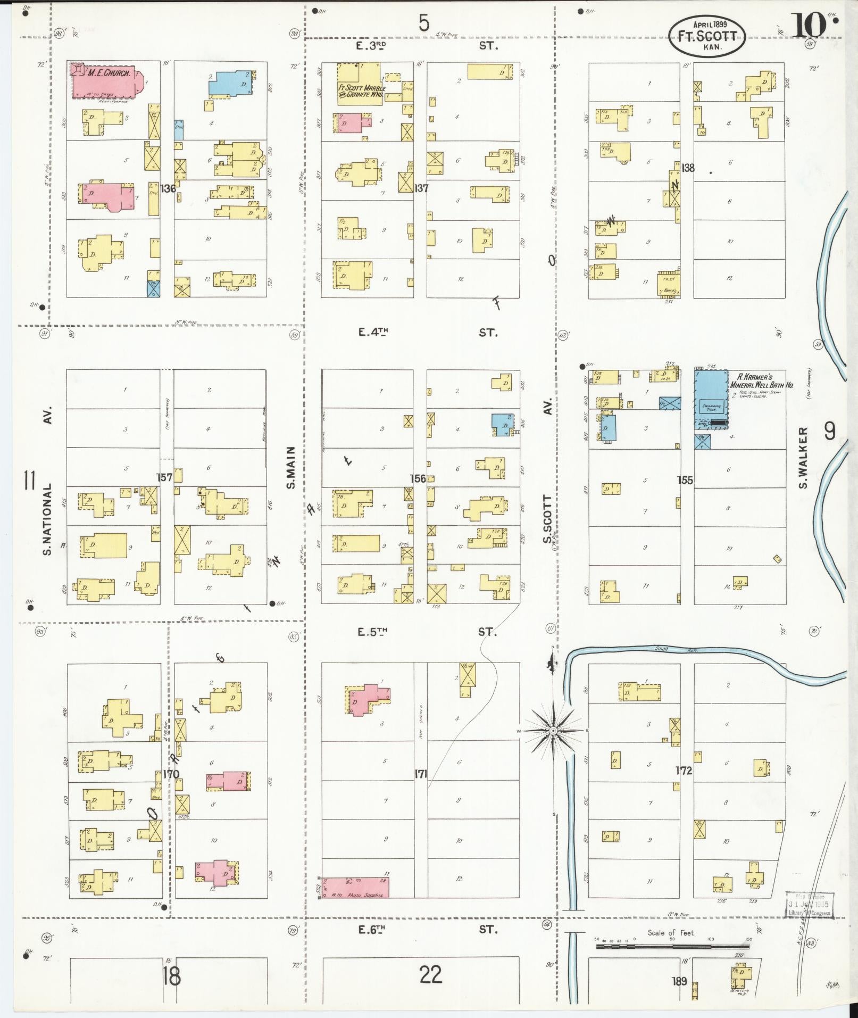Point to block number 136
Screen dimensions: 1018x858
168,188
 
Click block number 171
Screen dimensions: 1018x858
421,773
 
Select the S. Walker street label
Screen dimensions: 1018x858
803,457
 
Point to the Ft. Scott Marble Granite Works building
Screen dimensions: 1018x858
359,84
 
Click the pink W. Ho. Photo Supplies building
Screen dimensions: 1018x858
355,887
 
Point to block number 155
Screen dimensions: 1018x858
685,480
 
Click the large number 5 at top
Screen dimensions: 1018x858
424,23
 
